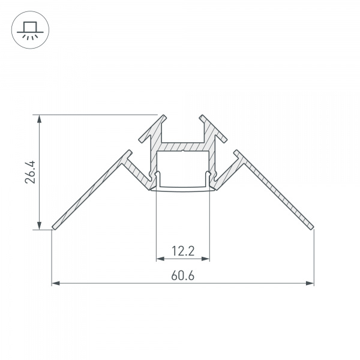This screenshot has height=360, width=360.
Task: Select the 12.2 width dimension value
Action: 183,251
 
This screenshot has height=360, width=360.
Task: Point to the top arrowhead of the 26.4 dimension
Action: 40,118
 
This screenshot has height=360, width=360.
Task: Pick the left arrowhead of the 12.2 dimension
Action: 160,259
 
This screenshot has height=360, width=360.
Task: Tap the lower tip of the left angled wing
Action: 54,227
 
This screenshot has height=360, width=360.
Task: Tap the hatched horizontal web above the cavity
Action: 183,146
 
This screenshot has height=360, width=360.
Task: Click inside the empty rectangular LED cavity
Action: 183,168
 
